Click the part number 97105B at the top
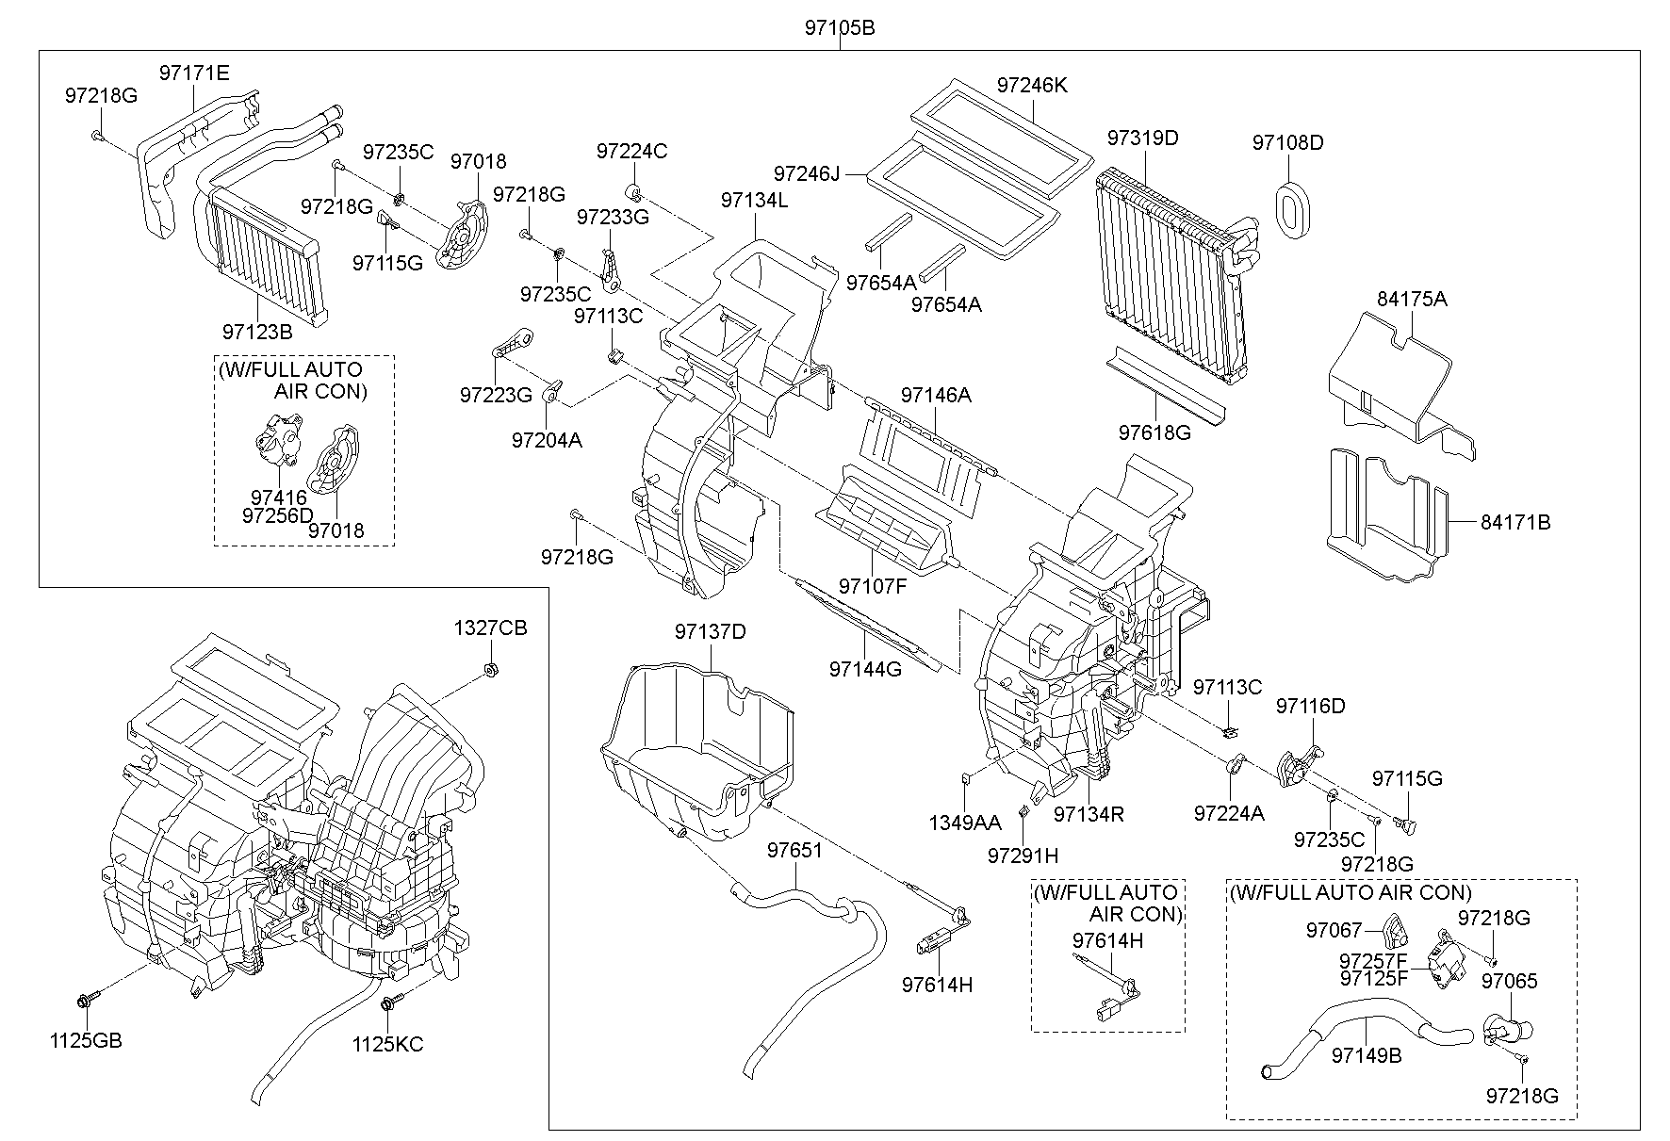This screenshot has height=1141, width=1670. coord(840,28)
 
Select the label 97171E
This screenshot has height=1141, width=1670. coord(194,73)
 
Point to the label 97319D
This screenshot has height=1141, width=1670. coord(1142,138)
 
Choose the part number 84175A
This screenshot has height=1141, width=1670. coord(1411,300)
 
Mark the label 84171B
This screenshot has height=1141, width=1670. coord(1514,522)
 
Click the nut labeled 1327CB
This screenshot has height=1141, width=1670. coord(490,670)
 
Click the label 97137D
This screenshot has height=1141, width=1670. coord(710,631)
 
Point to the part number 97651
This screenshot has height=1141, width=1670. coord(794,850)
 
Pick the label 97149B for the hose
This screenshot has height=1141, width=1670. coord(1367,1055)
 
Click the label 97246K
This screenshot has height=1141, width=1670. coord(1032,86)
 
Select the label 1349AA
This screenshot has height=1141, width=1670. coord(965,823)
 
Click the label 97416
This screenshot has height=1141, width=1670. coord(279,497)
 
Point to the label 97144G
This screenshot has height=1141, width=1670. coord(865,669)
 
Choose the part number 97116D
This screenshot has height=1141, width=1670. coord(1311,706)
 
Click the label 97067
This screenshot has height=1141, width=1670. coord(1334,931)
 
